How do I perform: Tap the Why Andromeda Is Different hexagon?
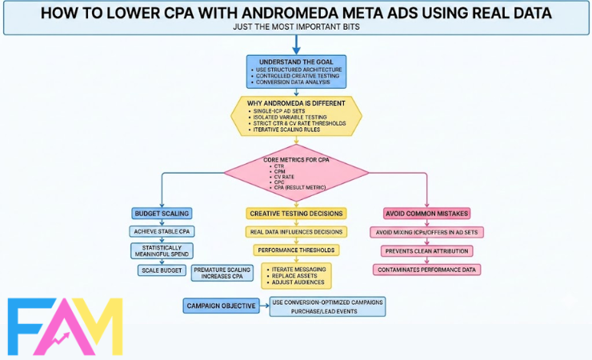(295, 116)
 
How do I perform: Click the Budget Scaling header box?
(163, 214)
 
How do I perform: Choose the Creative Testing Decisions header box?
(296, 214)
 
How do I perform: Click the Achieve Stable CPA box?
(163, 231)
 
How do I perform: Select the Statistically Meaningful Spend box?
(163, 250)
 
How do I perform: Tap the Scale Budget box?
(163, 270)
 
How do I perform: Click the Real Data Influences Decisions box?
(296, 231)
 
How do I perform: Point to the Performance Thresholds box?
(296, 250)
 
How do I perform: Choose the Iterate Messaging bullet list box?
(296, 275)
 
